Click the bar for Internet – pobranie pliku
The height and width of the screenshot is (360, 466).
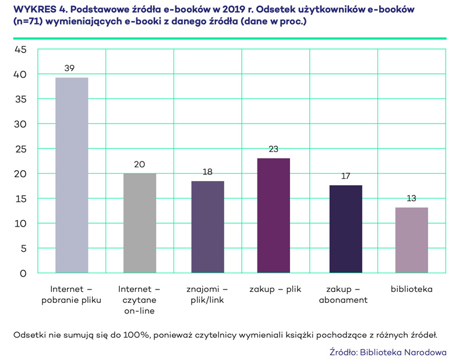tap(72, 175)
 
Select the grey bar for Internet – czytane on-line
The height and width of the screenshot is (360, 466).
tap(140, 223)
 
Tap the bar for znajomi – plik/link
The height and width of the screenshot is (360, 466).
tap(207, 227)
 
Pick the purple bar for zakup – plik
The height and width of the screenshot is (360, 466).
tap(274, 216)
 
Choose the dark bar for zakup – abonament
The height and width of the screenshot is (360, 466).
tap(345, 229)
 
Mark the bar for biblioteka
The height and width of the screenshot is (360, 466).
tap(411, 240)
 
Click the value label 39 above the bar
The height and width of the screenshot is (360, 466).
tap(69, 69)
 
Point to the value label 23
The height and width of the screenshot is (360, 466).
tap(274, 149)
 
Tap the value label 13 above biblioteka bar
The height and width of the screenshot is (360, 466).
tap(411, 199)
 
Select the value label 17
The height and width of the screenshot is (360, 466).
tap(345, 176)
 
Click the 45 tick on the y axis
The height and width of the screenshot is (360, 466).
tap(20, 50)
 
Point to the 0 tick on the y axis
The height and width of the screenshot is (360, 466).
tap(23, 273)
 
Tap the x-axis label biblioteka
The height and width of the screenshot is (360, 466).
tap(411, 289)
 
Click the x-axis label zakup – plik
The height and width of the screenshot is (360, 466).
tap(275, 289)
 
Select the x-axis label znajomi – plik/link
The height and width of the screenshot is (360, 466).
tap(207, 294)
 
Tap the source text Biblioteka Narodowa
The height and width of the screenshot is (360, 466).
tap(403, 352)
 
